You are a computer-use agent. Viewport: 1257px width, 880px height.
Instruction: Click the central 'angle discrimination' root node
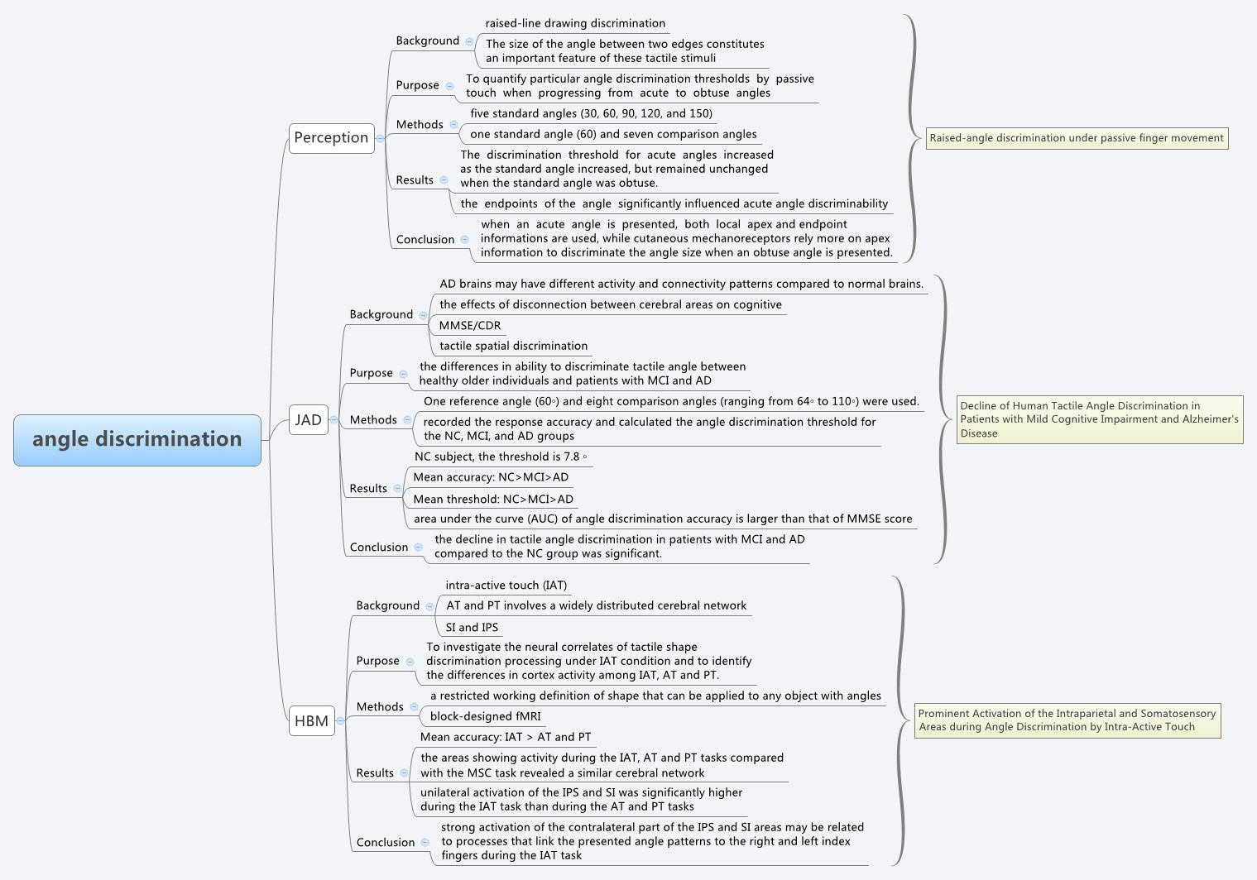pyautogui.click(x=137, y=439)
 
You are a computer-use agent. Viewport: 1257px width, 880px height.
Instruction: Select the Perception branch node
pyautogui.click(x=331, y=138)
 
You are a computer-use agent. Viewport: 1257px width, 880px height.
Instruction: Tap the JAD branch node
pyautogui.click(x=308, y=420)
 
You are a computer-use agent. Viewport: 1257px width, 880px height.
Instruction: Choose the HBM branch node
pyautogui.click(x=311, y=721)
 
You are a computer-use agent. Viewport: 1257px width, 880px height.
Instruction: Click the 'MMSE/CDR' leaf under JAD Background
pyautogui.click(x=469, y=326)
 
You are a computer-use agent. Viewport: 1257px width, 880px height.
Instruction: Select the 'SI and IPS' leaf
pyautogui.click(x=472, y=628)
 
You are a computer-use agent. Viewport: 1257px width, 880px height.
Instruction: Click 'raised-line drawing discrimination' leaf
pyautogui.click(x=575, y=24)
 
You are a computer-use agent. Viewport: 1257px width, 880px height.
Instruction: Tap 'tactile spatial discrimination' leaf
pyautogui.click(x=513, y=347)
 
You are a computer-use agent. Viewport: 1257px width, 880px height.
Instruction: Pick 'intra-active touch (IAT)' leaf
pyautogui.click(x=506, y=586)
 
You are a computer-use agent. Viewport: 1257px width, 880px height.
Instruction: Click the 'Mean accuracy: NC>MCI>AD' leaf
pyautogui.click(x=491, y=477)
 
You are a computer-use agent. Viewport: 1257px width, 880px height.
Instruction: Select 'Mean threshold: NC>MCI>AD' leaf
pyautogui.click(x=493, y=500)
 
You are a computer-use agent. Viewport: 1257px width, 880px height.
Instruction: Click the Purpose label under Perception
pyautogui.click(x=417, y=85)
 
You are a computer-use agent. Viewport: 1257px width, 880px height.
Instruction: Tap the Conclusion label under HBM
pyautogui.click(x=385, y=843)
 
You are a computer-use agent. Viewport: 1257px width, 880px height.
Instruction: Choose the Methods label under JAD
pyautogui.click(x=373, y=420)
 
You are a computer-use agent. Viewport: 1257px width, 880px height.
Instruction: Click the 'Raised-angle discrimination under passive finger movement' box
pyautogui.click(x=1076, y=138)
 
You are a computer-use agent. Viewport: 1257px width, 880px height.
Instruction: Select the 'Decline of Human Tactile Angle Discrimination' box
pyautogui.click(x=1099, y=419)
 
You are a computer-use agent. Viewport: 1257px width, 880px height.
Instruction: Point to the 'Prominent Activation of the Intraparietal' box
pyautogui.click(x=1067, y=720)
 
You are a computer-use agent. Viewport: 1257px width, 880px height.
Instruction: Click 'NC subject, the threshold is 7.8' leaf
pyautogui.click(x=500, y=457)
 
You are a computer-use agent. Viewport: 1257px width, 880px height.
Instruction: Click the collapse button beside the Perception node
pyautogui.click(x=380, y=138)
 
